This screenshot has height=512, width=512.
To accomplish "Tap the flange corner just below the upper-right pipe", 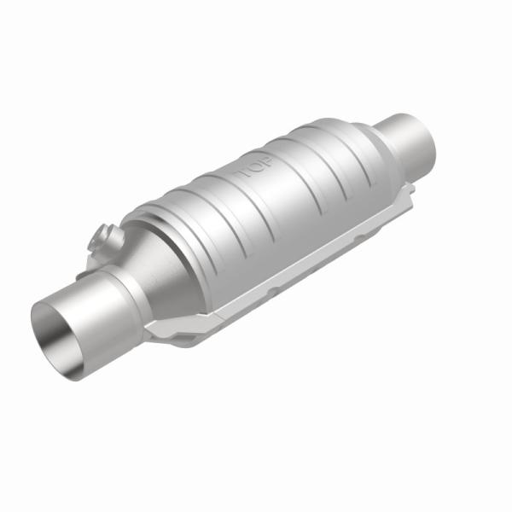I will [408, 189].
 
